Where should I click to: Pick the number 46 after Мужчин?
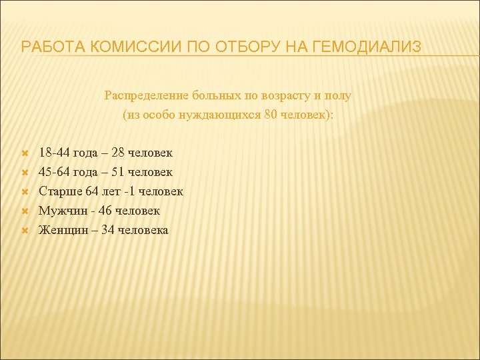click(x=105, y=211)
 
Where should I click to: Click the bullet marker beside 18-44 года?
click(x=24, y=153)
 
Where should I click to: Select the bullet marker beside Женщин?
click(x=24, y=231)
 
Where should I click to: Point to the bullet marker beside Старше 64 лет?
click(x=24, y=192)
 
